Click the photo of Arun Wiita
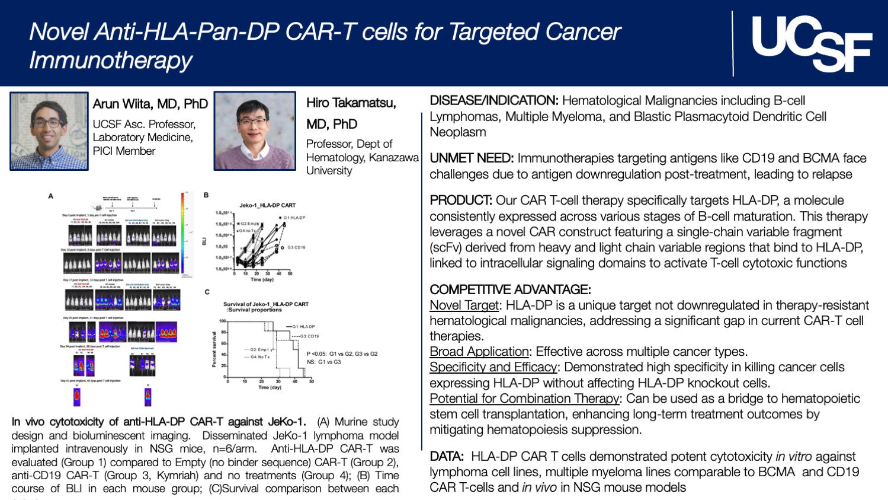[49, 131]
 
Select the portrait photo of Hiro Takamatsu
[255, 131]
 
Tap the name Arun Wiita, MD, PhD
[150, 104]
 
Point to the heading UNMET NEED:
[471, 158]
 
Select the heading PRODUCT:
[461, 200]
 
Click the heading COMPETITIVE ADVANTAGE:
[510, 289]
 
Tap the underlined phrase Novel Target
[464, 305]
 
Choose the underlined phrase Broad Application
[479, 352]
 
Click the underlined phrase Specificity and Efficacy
[493, 367]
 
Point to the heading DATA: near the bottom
[447, 457]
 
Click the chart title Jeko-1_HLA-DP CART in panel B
[267, 205]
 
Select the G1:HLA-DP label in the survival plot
[303, 327]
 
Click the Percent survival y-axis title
[214, 349]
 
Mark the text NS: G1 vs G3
[323, 362]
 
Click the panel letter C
[207, 292]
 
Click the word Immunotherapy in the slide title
[111, 60]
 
